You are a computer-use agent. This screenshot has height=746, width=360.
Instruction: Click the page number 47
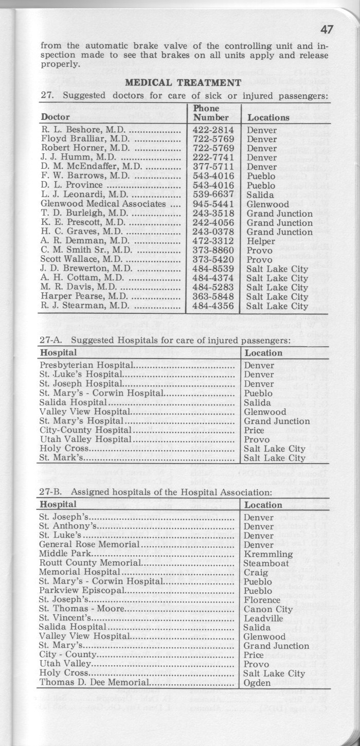coord(326,29)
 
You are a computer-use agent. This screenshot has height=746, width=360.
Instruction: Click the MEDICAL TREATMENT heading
coord(184,82)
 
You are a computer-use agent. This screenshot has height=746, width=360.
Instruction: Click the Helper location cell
coord(261,241)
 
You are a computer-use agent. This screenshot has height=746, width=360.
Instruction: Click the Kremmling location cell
coord(268,554)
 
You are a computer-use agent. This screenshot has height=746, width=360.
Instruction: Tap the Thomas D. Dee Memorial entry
coord(94,683)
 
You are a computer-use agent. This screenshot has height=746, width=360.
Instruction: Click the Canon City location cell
coord(268,609)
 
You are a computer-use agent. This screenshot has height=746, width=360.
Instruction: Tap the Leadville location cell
coord(263,618)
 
